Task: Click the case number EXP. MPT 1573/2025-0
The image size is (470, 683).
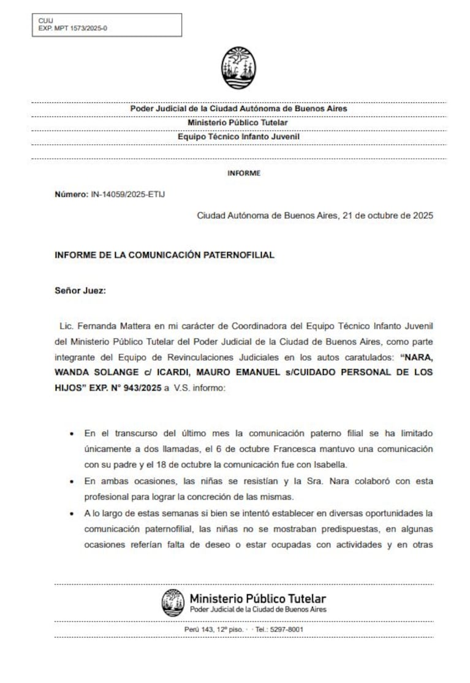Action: click(72, 28)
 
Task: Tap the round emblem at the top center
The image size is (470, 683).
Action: click(238, 68)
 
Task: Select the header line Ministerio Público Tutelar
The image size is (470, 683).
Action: click(238, 123)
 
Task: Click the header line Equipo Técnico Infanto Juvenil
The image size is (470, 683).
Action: click(238, 137)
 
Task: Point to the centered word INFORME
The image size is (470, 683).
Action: click(243, 173)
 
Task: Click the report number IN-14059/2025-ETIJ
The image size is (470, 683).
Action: click(128, 194)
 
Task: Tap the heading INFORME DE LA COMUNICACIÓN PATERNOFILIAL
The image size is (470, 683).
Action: click(164, 254)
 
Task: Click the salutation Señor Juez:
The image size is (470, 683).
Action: click(80, 291)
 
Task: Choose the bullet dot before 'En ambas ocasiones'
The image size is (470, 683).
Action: click(72, 481)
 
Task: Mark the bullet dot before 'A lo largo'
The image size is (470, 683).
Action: click(72, 513)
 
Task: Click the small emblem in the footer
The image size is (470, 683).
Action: click(173, 602)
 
